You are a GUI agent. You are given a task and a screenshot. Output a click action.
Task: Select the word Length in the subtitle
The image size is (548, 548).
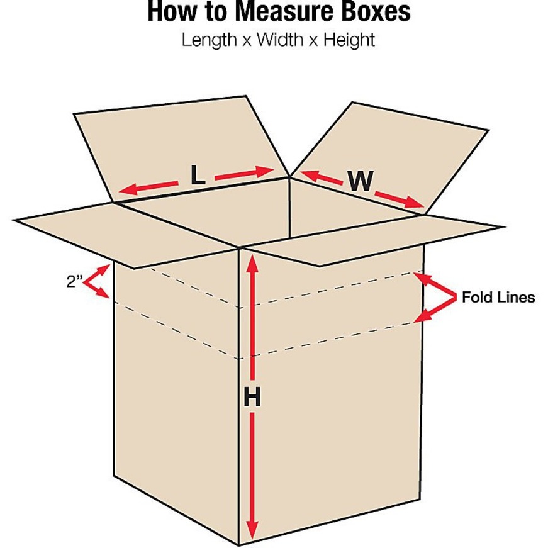(210, 40)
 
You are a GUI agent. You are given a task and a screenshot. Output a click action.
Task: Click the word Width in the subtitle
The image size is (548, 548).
(280, 40)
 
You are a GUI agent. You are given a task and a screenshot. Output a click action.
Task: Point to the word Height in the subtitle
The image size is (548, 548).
(349, 40)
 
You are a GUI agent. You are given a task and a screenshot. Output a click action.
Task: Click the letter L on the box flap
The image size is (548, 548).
(198, 175)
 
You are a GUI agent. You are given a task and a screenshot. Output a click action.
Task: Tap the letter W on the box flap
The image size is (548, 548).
(361, 181)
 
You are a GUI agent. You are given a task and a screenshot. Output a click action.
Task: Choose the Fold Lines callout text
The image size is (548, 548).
(498, 298)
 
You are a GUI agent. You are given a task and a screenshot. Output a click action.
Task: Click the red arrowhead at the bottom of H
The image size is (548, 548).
(252, 530)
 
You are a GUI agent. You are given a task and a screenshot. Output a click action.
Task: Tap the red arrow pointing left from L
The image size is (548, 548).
(148, 187)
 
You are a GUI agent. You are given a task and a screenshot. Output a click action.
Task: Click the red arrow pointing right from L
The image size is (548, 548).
(244, 173)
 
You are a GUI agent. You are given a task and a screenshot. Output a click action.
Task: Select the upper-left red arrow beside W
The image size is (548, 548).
(321, 177)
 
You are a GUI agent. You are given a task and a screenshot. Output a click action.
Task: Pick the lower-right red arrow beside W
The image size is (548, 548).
(400, 200)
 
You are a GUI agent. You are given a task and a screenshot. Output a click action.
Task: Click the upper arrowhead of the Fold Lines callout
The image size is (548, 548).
(423, 278)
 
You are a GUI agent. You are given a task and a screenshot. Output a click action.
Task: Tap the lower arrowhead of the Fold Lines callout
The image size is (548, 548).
(423, 316)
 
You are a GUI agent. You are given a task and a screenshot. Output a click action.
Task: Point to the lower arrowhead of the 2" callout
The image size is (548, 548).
(103, 293)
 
